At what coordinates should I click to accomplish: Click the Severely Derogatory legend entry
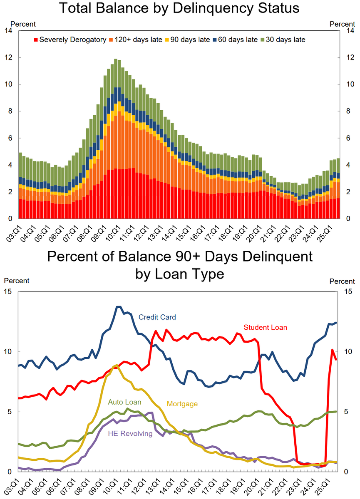pos(70,40)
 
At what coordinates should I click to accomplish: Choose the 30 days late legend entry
pos(283,40)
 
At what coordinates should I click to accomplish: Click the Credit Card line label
pos(157,317)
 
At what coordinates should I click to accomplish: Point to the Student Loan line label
pos(266,327)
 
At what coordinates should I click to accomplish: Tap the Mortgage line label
pos(182,404)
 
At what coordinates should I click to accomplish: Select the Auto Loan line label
pos(125,402)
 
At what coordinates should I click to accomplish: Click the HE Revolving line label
pos(130,434)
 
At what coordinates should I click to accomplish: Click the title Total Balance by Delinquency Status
pos(180,8)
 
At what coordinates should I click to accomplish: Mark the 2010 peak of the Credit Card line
pos(118,307)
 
